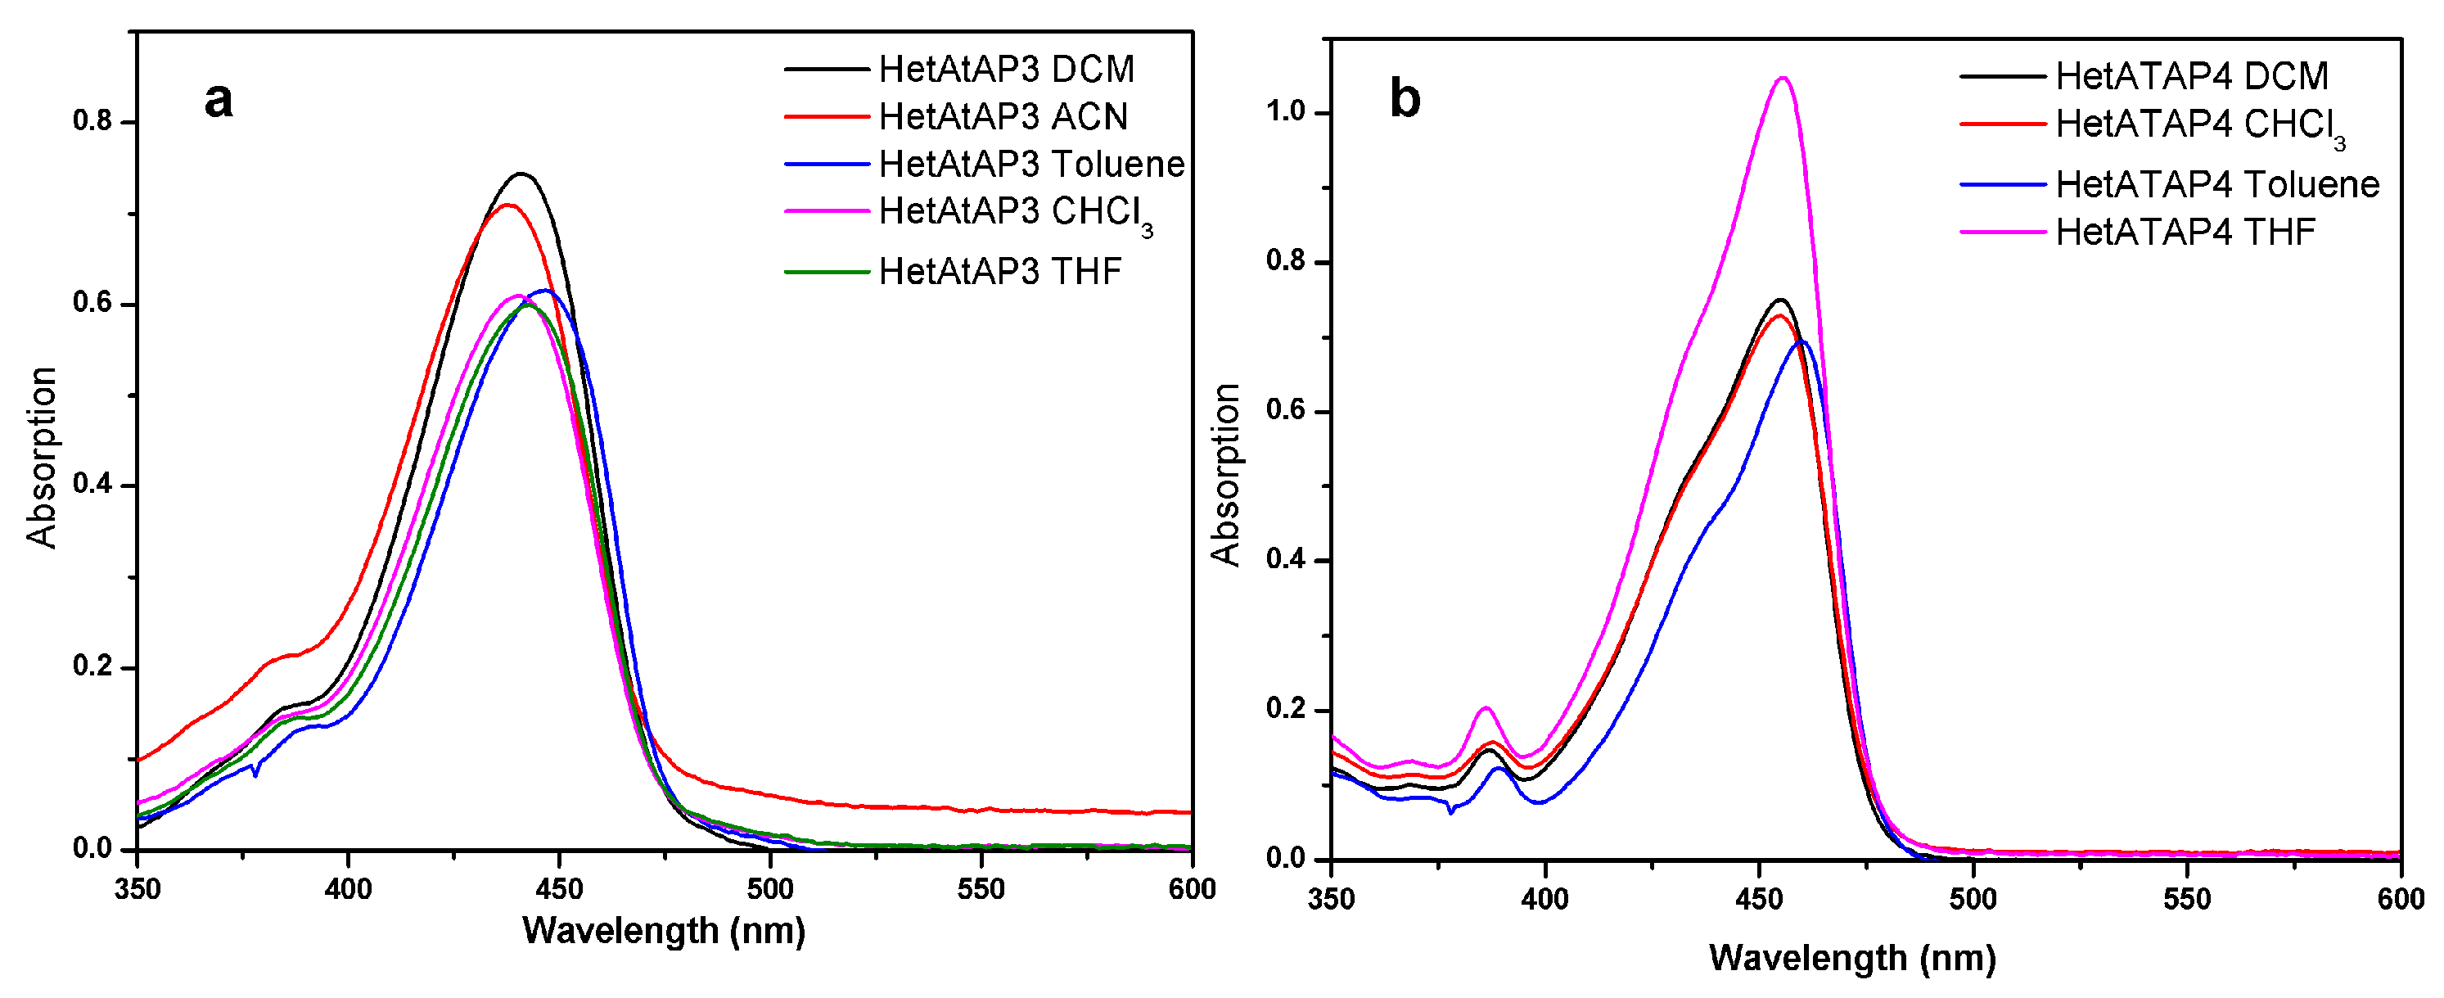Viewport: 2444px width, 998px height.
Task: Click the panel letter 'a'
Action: click(x=219, y=101)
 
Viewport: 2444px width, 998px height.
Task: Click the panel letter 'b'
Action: click(x=1405, y=99)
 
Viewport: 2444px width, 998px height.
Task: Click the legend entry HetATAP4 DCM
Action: click(x=2191, y=76)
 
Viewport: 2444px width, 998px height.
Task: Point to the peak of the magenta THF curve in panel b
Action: click(x=1783, y=78)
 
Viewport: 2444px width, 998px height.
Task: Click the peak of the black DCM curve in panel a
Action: click(x=521, y=174)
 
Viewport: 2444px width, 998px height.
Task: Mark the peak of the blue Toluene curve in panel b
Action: click(x=1801, y=341)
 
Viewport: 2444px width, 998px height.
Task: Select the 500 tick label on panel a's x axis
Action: click(x=769, y=890)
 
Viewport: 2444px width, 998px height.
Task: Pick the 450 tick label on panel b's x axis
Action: click(x=1759, y=899)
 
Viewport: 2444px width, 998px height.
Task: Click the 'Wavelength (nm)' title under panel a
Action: click(x=663, y=932)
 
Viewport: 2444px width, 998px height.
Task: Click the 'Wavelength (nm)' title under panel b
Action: click(x=1852, y=958)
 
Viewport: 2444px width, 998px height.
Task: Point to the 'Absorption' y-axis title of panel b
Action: click(x=1226, y=474)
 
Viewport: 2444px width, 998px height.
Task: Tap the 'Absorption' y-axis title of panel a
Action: click(x=42, y=458)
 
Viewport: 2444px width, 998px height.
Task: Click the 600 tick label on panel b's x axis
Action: click(x=2401, y=899)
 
